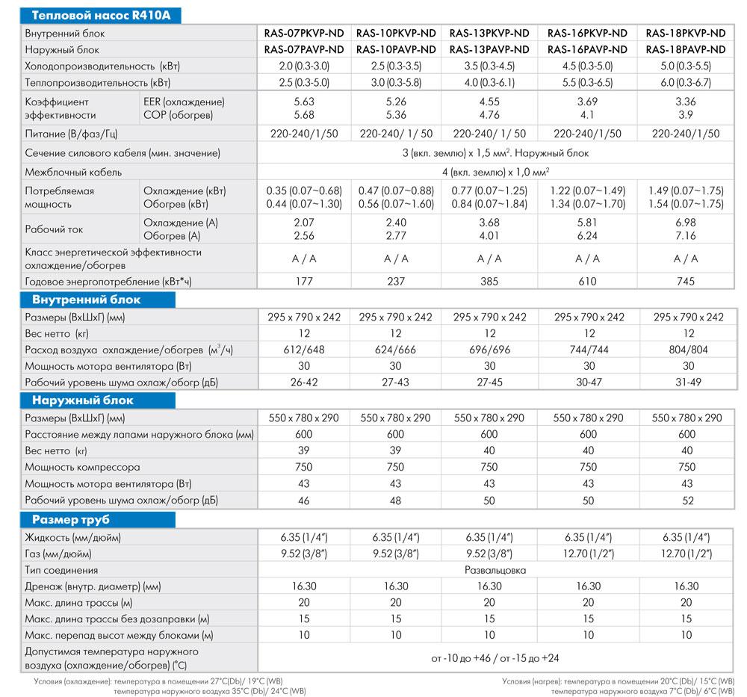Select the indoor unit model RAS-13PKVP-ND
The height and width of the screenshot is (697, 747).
click(489, 34)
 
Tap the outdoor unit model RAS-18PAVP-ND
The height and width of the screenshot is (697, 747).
click(685, 49)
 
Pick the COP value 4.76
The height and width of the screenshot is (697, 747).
click(489, 115)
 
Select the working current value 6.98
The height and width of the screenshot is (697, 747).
click(685, 223)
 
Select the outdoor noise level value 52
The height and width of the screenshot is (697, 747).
click(685, 500)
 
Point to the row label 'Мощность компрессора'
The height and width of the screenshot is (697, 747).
click(82, 467)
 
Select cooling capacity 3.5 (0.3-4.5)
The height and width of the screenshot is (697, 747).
click(489, 66)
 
